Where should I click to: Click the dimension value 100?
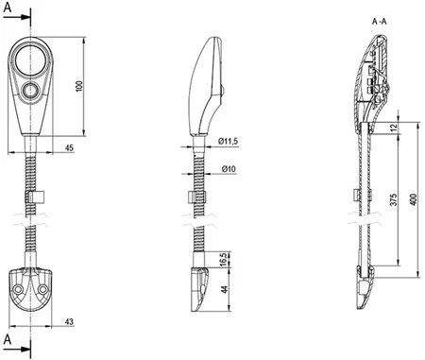click(x=79, y=86)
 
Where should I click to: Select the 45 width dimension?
click(x=69, y=147)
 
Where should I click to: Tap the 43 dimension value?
click(x=69, y=321)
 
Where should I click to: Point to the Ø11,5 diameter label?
click(x=228, y=142)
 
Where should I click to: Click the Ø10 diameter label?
click(x=229, y=169)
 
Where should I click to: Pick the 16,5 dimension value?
click(x=223, y=259)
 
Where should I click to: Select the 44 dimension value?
click(x=224, y=290)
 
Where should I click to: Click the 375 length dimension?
click(x=394, y=200)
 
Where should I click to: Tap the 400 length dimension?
click(x=414, y=199)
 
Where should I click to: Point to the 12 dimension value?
click(x=394, y=128)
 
